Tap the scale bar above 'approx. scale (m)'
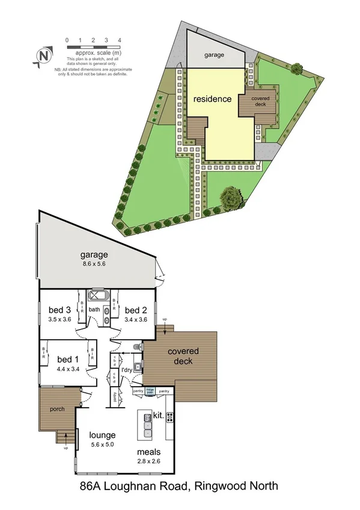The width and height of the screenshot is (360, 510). (94, 46)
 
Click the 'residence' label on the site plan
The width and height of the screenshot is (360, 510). (212, 99)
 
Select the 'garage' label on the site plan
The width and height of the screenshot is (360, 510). (214, 55)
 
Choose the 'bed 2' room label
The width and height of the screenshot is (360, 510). (136, 310)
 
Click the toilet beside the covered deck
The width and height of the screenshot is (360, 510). (138, 347)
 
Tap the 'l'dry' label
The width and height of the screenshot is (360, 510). (127, 369)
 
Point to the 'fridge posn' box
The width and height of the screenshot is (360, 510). (150, 391)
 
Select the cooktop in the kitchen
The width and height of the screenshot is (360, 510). (169, 416)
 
